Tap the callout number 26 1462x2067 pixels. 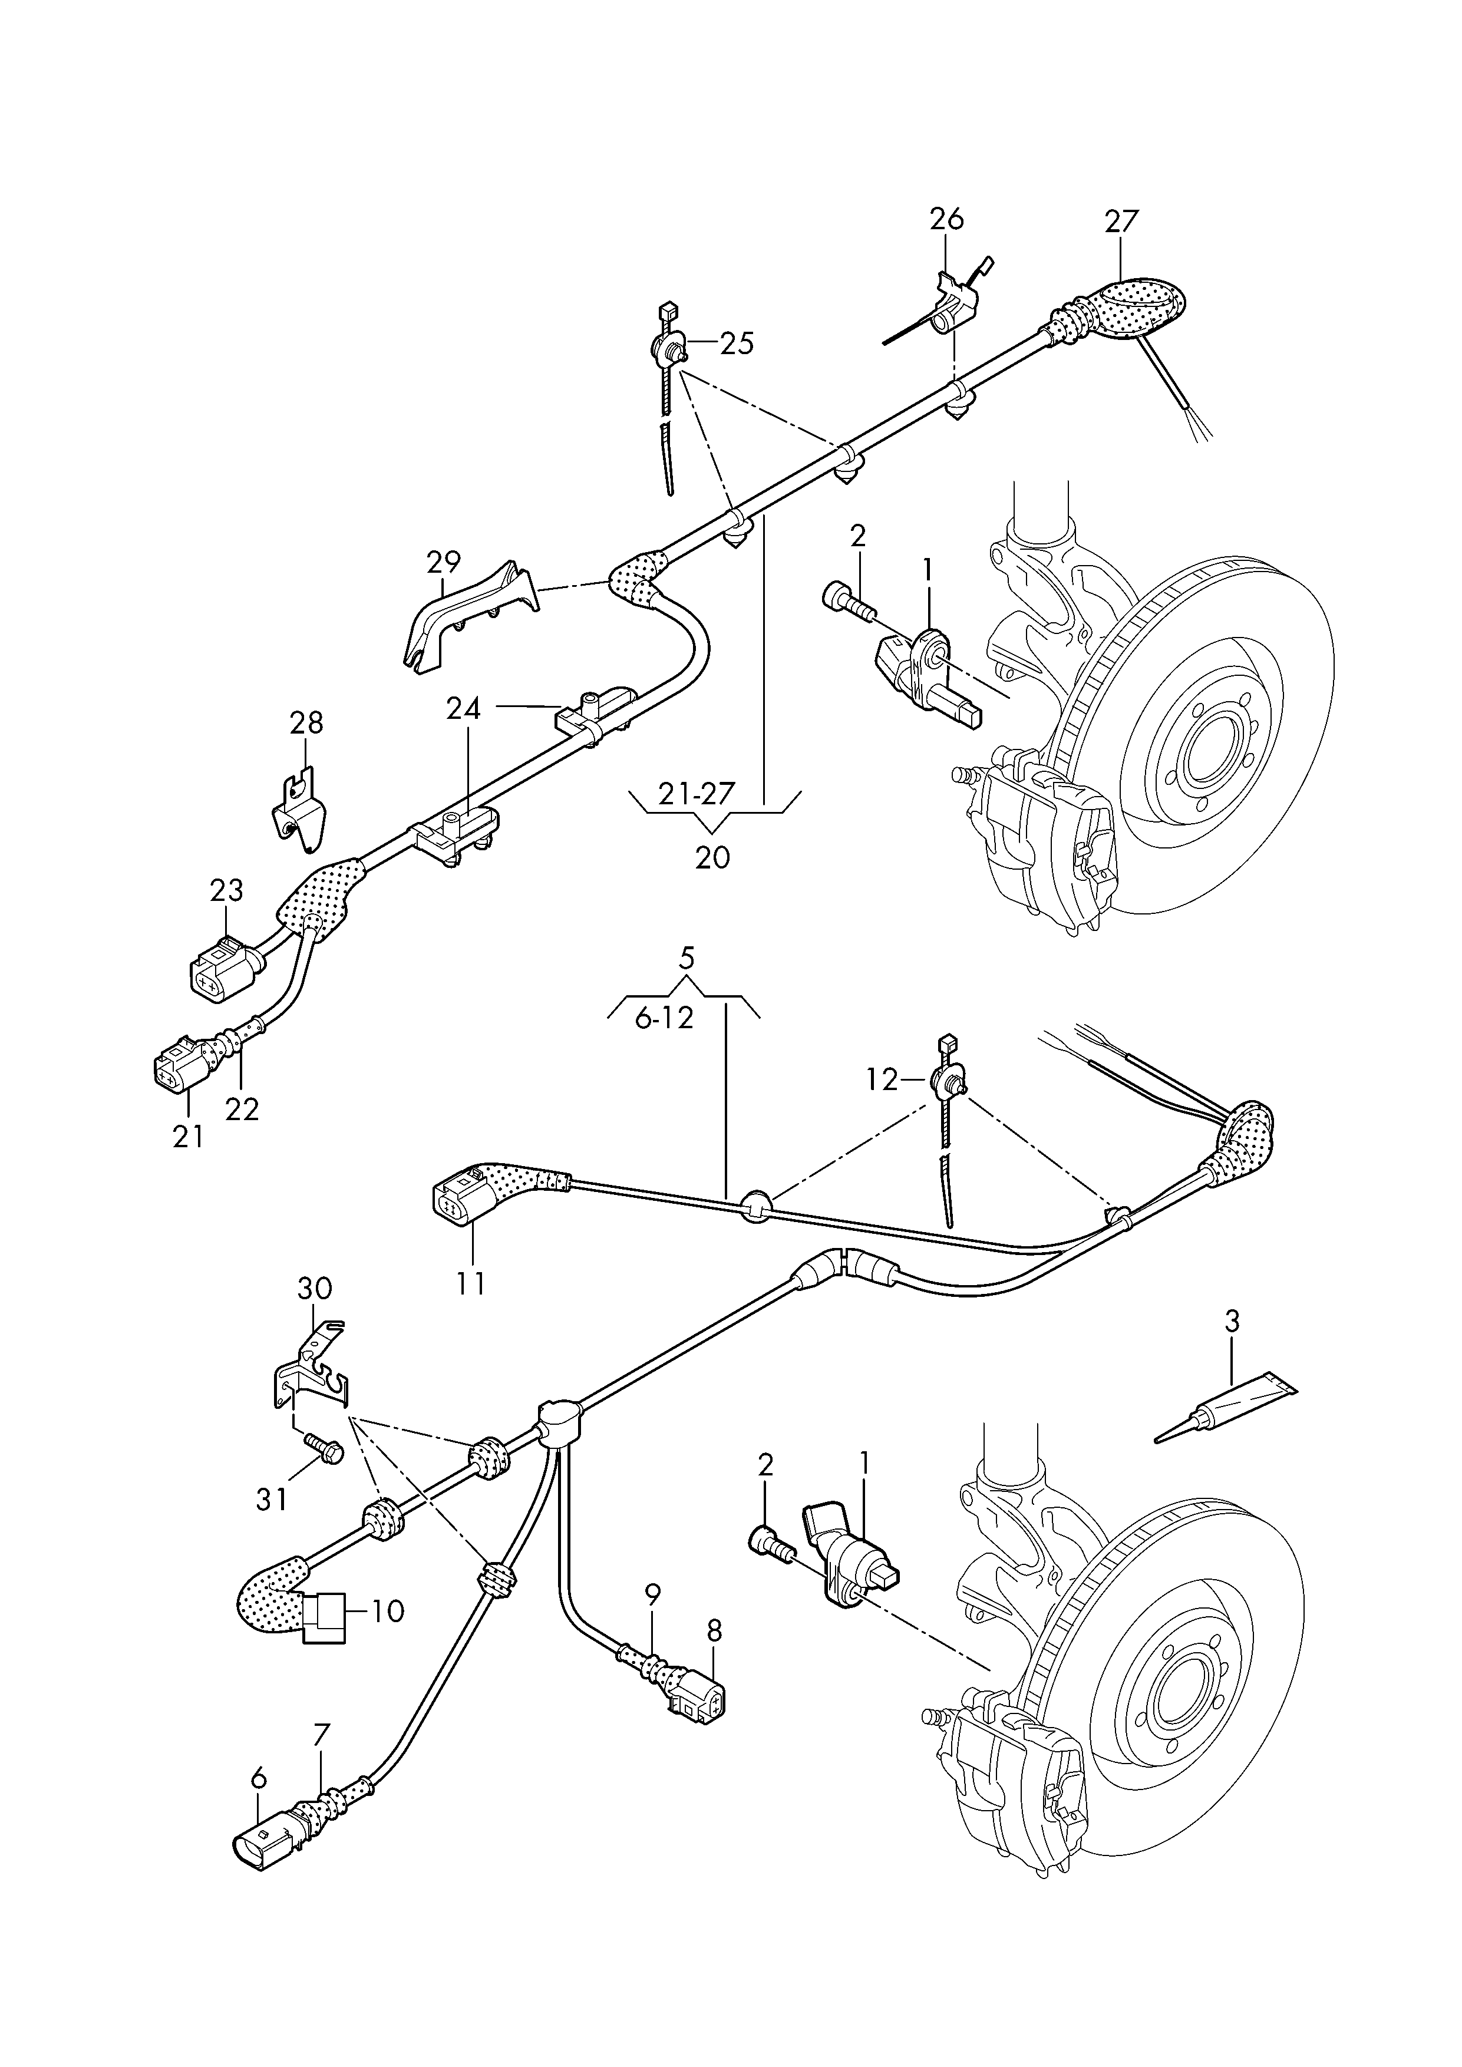point(946,219)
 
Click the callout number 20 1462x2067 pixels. point(712,857)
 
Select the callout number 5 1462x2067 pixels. point(687,959)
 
